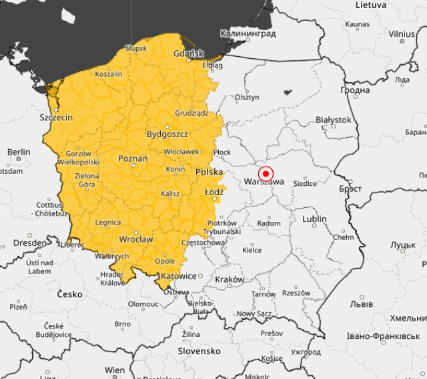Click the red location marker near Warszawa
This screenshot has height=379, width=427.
click(x=266, y=172)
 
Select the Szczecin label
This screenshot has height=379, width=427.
click(x=56, y=117)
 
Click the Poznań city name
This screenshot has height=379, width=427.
click(x=132, y=158)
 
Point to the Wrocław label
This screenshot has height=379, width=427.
click(x=135, y=239)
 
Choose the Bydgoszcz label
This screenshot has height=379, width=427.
click(x=167, y=134)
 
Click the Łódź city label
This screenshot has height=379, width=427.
click(x=214, y=192)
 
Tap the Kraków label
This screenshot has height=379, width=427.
click(x=230, y=279)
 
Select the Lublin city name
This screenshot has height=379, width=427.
click(x=314, y=219)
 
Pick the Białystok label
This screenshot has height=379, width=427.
click(x=333, y=120)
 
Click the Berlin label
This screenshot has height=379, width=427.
click(x=19, y=152)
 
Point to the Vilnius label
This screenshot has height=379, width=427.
click(x=402, y=33)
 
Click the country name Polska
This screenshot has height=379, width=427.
click(x=209, y=172)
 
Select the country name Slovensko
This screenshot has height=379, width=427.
click(x=199, y=350)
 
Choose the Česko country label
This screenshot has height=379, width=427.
click(x=69, y=294)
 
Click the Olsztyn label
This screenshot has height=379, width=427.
click(x=246, y=96)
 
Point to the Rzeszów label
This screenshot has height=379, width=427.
click(x=296, y=293)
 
